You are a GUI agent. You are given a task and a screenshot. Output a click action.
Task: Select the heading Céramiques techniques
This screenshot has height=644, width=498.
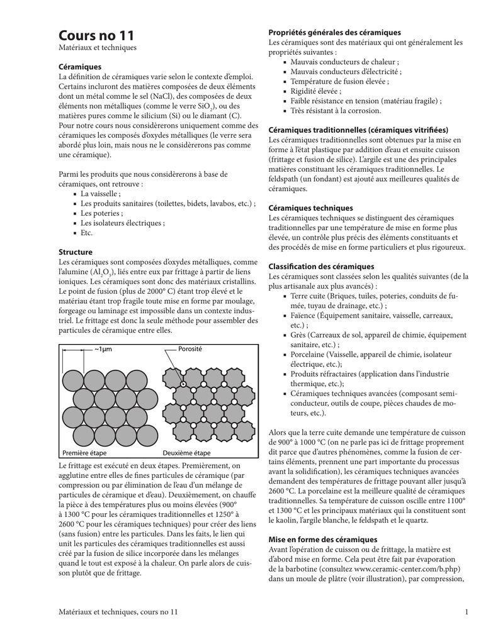tap(310, 208)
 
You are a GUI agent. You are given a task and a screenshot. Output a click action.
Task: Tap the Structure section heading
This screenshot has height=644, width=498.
tap(76, 252)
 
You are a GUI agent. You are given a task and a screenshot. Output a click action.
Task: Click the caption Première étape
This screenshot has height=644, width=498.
tap(84, 453)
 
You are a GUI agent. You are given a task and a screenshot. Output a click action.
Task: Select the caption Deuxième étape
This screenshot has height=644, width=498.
tap(187, 453)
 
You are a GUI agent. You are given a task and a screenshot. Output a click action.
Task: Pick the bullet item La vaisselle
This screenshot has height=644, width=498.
tap(100, 194)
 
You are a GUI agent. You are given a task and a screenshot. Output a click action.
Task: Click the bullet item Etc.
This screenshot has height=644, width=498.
tap(86, 233)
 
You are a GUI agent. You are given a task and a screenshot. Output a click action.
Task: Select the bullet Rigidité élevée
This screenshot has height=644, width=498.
tap(316, 91)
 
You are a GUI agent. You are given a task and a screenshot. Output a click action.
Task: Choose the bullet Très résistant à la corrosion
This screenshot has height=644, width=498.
tap(336, 111)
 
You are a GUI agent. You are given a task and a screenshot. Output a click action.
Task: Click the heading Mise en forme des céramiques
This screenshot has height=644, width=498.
tap(323, 540)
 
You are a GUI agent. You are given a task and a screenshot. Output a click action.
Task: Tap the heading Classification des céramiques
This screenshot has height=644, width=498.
tap(321, 267)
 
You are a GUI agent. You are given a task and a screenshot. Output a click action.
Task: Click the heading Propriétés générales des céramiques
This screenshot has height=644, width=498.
tap(334, 32)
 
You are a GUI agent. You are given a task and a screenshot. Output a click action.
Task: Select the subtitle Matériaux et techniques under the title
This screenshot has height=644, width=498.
tap(97, 47)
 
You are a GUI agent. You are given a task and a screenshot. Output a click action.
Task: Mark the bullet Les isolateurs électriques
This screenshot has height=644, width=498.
tap(123, 223)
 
